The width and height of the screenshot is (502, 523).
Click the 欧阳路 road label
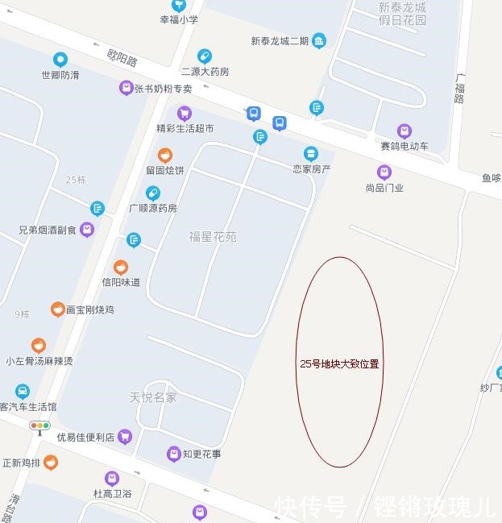(x=122, y=59)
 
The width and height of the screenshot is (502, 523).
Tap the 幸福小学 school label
(x=179, y=19)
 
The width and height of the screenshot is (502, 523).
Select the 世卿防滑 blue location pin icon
(x=60, y=60)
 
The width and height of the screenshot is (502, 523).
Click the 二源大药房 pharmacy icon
(x=205, y=56)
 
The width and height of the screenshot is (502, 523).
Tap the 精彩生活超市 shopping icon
(x=185, y=113)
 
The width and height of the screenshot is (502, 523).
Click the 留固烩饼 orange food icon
(x=164, y=155)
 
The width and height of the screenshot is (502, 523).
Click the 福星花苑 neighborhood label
(x=213, y=237)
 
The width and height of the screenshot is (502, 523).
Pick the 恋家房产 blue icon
(x=310, y=153)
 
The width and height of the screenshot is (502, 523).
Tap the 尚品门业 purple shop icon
(x=384, y=172)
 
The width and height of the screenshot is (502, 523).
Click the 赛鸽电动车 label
(x=405, y=146)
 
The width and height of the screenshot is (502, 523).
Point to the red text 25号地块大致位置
(x=339, y=363)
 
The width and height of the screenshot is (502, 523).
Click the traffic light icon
(x=39, y=425)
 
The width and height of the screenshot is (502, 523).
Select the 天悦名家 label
(x=153, y=397)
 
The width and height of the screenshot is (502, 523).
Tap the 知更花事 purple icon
(x=173, y=455)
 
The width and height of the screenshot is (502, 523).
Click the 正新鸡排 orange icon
(x=51, y=463)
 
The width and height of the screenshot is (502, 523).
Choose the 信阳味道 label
(x=121, y=282)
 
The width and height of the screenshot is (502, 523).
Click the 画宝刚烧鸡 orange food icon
(x=57, y=309)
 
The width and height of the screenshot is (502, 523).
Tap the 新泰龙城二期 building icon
(x=319, y=40)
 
